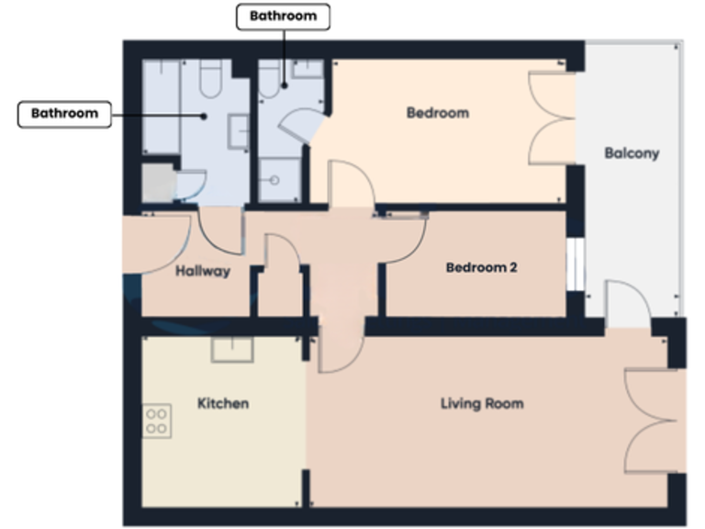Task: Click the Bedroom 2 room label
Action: [x=481, y=268]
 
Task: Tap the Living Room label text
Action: [x=482, y=403]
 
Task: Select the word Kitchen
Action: [x=223, y=403]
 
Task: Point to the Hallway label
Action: [x=203, y=271]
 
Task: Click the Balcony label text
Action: [x=632, y=153]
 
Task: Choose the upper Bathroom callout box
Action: [x=283, y=17]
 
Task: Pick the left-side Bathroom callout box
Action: [x=64, y=114]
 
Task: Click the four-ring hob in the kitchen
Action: [x=157, y=420]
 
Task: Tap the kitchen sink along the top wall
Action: [x=233, y=350]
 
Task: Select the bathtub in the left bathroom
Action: [x=162, y=107]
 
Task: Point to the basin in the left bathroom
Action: [x=238, y=131]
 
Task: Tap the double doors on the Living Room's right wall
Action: [x=651, y=422]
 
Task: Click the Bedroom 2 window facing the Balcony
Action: [x=575, y=266]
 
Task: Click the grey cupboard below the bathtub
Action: [x=158, y=182]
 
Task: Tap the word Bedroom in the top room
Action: [x=437, y=113]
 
